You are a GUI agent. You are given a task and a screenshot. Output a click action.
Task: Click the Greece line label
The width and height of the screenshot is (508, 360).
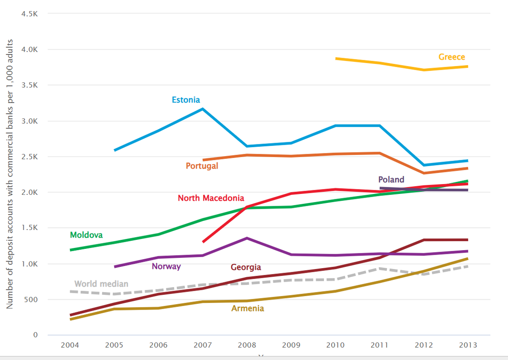[x=452, y=57]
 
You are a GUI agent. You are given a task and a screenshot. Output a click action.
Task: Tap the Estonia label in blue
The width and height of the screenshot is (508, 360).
[x=186, y=100]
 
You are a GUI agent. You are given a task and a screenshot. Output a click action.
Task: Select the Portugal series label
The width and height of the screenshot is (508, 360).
[x=202, y=166]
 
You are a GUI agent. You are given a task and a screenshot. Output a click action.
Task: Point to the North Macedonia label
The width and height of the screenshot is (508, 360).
[x=211, y=198]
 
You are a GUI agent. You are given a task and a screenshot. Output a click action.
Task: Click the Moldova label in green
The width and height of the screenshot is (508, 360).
[x=86, y=235]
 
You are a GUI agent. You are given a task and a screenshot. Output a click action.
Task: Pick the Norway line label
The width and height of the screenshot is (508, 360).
[x=166, y=266]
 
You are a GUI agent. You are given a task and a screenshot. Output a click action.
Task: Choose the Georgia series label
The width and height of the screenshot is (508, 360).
[x=246, y=267]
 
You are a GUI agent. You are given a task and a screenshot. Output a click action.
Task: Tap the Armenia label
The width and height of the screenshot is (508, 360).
[x=247, y=309]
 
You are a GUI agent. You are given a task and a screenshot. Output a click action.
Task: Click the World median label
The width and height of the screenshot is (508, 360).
[x=101, y=284]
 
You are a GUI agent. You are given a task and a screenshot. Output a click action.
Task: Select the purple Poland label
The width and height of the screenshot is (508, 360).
[x=391, y=180]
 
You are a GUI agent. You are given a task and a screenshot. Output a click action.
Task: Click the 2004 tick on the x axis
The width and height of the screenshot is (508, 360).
[x=70, y=345]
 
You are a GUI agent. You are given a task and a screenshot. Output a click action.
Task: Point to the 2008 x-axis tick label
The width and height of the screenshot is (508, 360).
[x=247, y=345]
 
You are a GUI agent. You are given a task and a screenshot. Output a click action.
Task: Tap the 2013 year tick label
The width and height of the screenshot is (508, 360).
[x=468, y=345]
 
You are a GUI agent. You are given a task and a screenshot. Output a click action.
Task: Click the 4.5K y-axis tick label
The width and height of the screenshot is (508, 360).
[x=29, y=14]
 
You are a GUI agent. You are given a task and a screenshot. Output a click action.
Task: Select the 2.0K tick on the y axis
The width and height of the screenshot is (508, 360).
[x=29, y=193]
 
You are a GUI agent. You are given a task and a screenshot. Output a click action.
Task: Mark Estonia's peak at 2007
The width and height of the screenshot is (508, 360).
[x=203, y=108]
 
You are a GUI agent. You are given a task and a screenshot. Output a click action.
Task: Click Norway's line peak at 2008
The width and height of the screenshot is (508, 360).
[x=247, y=238]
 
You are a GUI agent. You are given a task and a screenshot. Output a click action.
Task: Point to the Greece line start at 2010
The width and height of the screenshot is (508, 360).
[x=336, y=58]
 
